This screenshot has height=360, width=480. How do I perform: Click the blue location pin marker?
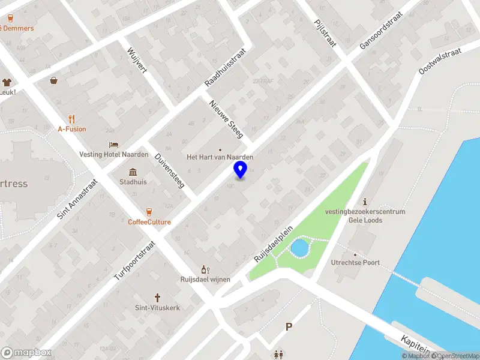(241, 169)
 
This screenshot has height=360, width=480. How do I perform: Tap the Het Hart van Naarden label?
(220, 157)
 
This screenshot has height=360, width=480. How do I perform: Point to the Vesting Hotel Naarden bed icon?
(113, 145)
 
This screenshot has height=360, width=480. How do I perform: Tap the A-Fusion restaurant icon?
(72, 118)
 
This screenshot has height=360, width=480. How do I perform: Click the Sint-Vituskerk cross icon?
(157, 298)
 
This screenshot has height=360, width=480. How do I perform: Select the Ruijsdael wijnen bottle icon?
(205, 269)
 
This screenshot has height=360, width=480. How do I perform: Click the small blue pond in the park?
(299, 247)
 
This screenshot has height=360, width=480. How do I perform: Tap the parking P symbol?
(289, 327)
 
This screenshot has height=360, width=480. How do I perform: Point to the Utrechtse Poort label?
(355, 263)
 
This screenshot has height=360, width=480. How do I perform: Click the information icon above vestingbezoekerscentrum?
(365, 202)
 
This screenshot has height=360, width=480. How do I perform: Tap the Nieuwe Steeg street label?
(226, 118)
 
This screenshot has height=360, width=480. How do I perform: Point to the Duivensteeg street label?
(169, 171)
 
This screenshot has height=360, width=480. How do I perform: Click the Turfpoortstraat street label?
(135, 261)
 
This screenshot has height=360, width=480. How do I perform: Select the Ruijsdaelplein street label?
(273, 244)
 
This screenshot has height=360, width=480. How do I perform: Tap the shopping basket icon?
(54, 80)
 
